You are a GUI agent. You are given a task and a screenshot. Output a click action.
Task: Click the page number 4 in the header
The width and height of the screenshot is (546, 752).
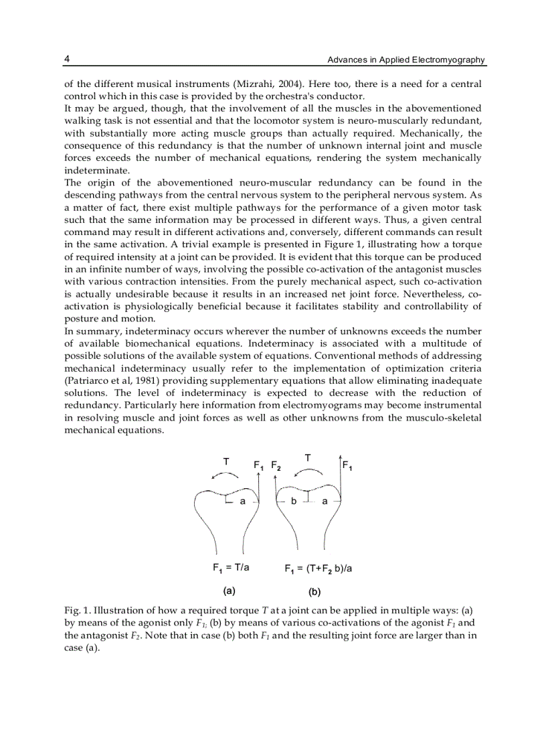(x=67, y=60)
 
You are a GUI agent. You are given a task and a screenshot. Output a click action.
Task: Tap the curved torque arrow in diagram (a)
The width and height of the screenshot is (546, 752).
(x=224, y=475)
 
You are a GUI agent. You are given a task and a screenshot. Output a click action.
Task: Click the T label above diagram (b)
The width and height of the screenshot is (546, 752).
(x=307, y=458)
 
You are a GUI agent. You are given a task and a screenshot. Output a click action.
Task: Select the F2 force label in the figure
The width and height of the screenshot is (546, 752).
(x=276, y=465)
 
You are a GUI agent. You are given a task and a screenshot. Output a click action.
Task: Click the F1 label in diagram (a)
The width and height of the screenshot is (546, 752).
(x=259, y=465)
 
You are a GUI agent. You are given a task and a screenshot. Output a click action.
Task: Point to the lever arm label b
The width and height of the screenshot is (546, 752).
(x=294, y=502)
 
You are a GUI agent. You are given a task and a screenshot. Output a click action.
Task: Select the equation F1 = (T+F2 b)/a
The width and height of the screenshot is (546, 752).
(x=318, y=569)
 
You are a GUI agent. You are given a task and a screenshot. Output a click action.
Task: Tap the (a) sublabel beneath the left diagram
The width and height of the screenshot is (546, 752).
(x=229, y=591)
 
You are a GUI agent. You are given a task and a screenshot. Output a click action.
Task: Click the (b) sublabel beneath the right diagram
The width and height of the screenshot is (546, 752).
(x=314, y=591)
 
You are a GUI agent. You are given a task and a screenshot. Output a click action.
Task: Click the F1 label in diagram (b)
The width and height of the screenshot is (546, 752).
(x=348, y=465)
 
